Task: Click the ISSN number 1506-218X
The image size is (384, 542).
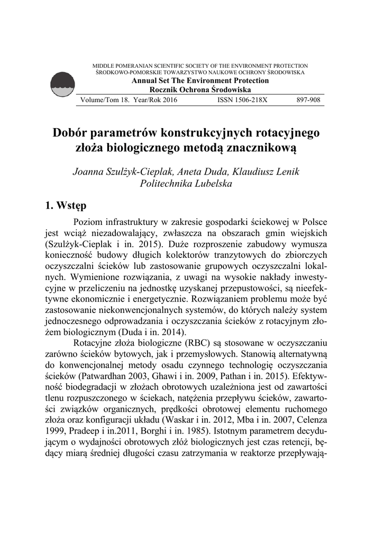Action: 242,100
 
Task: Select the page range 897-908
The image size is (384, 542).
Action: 308,100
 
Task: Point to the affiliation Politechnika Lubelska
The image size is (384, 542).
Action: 186,184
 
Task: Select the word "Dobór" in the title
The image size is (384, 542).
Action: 70,132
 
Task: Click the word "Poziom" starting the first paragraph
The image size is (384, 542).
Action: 90,222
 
